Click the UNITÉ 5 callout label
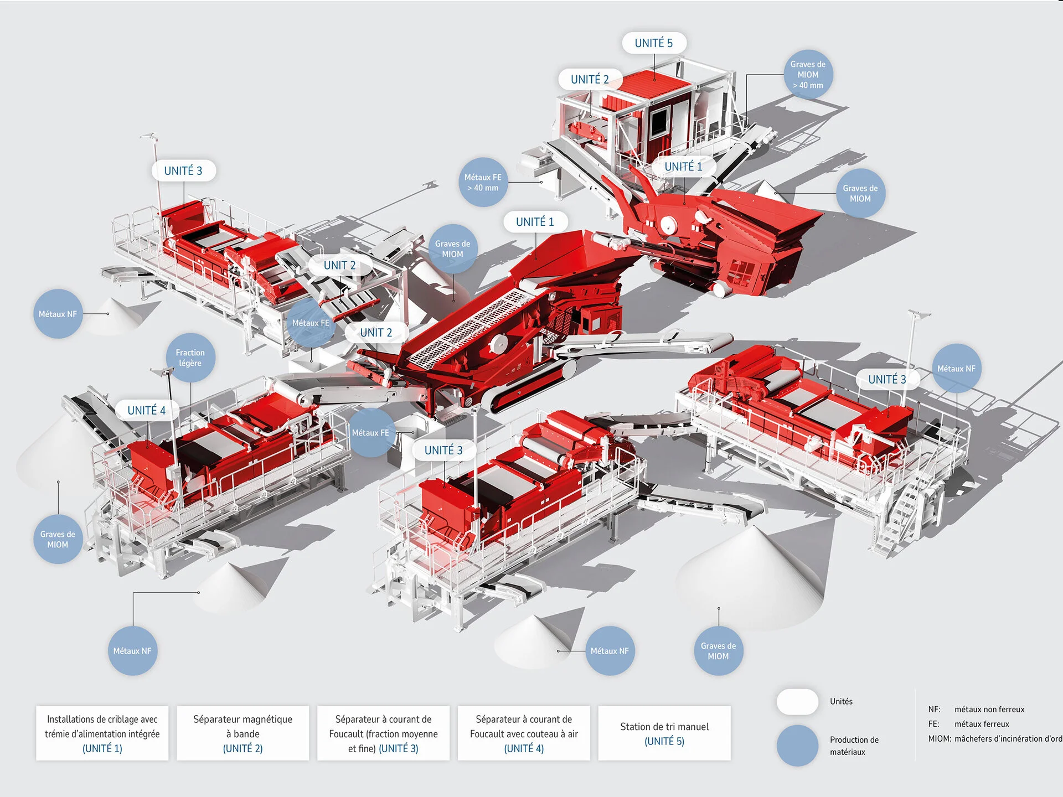(x=654, y=43)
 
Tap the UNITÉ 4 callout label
(x=147, y=410)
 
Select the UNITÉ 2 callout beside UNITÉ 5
(x=590, y=79)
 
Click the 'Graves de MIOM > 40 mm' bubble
(x=808, y=75)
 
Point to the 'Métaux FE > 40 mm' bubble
(x=483, y=183)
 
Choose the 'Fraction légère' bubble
(x=190, y=358)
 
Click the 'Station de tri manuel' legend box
(x=664, y=733)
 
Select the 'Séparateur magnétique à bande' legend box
(x=242, y=733)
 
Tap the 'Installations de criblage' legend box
(x=102, y=733)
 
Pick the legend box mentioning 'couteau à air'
(x=524, y=733)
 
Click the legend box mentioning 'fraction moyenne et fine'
(x=383, y=733)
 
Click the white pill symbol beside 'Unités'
(x=797, y=702)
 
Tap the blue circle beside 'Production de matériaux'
(x=797, y=745)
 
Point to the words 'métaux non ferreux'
(x=989, y=709)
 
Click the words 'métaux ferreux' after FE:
(x=982, y=724)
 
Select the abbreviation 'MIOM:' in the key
(x=940, y=738)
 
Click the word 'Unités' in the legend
(x=841, y=701)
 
